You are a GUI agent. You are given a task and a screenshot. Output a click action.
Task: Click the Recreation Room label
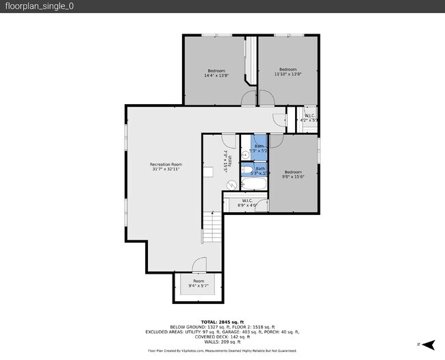tap(166, 166)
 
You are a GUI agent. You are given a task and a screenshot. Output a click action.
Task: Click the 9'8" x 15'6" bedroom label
tap(293, 175)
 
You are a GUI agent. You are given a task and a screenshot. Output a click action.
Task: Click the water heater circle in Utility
tap(231, 183)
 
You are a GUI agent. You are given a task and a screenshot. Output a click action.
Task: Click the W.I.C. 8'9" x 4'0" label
tap(247, 203)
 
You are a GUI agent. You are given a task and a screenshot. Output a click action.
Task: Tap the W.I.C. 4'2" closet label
tap(309, 118)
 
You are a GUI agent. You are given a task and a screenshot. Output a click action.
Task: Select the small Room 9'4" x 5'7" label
tap(198, 283)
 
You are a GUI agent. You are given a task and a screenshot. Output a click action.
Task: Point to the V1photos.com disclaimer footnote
tap(222, 350)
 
